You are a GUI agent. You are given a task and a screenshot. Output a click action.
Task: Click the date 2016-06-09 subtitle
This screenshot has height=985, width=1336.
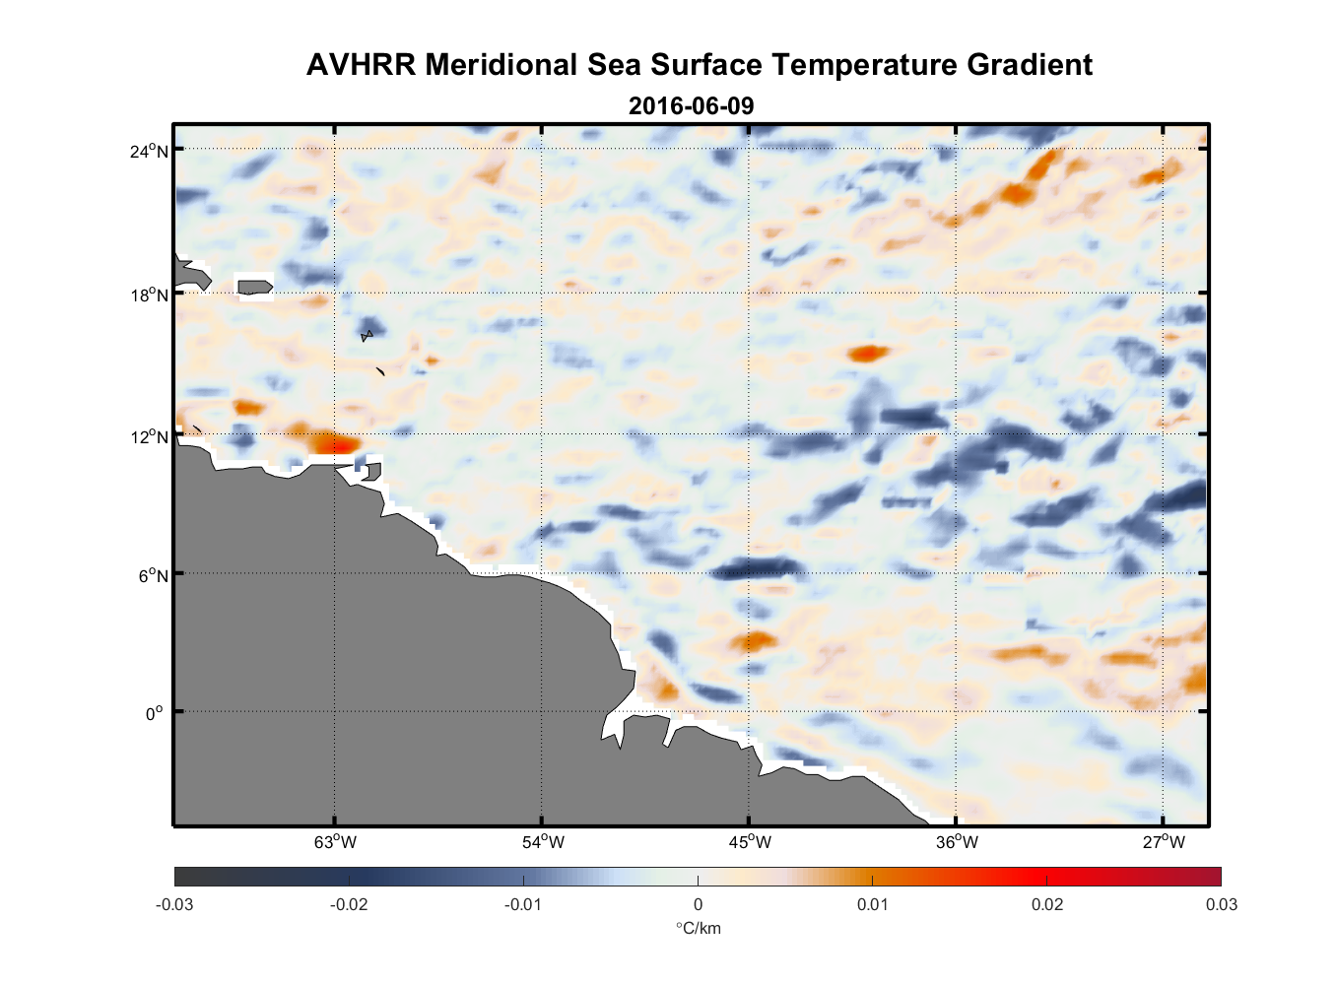691,105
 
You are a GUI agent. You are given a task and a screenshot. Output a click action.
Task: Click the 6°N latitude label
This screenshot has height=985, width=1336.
154,575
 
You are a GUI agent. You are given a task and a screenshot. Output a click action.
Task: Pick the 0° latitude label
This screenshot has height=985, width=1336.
155,713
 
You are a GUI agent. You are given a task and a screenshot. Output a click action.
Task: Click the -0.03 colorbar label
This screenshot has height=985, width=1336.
174,904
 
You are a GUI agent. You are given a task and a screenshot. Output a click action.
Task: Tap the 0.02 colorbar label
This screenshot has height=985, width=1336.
1046,904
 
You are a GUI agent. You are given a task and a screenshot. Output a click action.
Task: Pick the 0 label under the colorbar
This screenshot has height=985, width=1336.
698,904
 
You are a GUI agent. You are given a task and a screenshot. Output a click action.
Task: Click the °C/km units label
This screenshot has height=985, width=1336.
698,928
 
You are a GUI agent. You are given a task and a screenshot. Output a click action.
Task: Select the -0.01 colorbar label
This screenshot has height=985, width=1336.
522,904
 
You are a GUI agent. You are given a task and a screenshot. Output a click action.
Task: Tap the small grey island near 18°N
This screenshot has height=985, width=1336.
255,287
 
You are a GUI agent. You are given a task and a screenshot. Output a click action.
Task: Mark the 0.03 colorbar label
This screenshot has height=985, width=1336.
1221,904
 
